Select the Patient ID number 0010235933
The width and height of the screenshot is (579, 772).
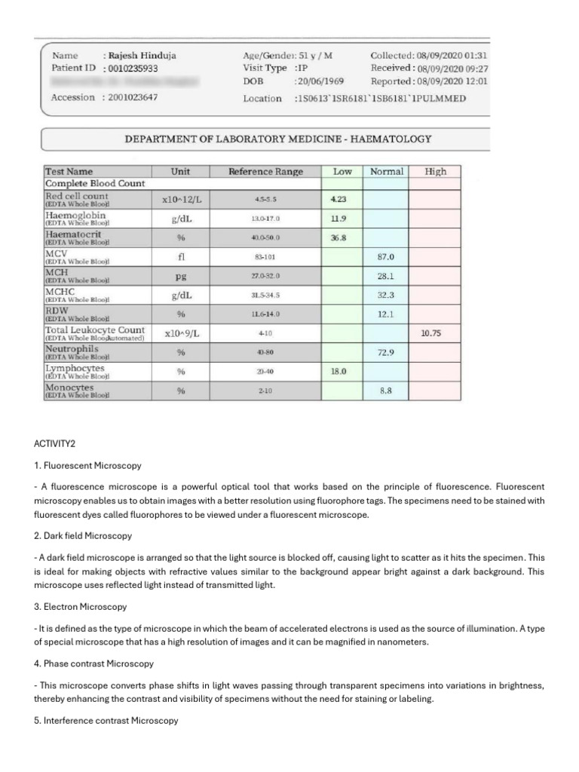pos(137,68)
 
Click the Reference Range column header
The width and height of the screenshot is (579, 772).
pos(265,172)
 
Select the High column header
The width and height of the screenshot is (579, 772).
pos(436,172)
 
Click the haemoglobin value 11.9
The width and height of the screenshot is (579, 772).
pos(340,219)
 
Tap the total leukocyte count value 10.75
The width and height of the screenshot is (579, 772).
pos(432,332)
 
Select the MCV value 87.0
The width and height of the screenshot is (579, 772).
pos(386,257)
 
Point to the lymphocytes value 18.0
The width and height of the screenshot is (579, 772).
pos(340,371)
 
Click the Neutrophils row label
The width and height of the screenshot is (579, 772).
pos(72,349)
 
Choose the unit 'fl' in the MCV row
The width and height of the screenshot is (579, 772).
pos(180,256)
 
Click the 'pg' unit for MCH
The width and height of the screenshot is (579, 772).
pos(180,276)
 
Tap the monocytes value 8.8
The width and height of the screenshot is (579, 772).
pos(386,391)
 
